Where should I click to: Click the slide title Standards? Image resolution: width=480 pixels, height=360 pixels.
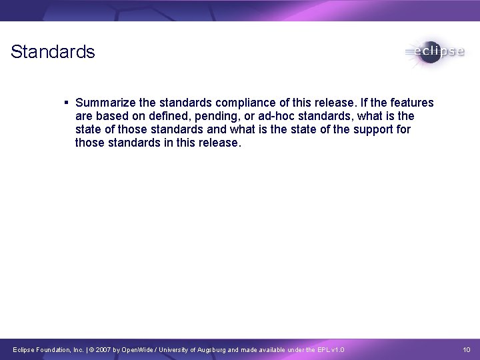point(53,52)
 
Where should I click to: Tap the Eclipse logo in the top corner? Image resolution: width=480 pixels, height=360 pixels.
point(434,52)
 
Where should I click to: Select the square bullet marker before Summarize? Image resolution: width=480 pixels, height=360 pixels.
point(67,103)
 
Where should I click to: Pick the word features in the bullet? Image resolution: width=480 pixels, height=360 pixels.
point(412,103)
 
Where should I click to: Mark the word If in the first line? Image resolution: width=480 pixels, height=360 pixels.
point(363,103)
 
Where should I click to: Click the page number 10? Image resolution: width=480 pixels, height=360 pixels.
point(467,349)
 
